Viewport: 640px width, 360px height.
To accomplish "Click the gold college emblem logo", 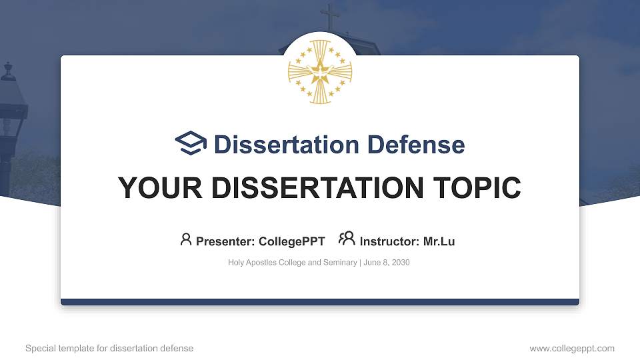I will (319, 71).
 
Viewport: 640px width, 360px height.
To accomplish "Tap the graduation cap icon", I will (191, 143).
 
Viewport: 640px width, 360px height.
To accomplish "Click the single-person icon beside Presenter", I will (186, 239).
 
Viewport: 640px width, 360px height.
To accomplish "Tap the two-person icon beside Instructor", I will (347, 238).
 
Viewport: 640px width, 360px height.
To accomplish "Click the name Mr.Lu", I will (439, 241).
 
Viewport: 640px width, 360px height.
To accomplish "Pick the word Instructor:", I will (389, 241).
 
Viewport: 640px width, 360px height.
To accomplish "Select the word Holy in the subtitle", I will (236, 263).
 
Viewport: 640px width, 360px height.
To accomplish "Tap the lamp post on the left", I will (9, 113).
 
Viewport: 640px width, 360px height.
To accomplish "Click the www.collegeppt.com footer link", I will (572, 348).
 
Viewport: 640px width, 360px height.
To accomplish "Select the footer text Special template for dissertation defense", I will (109, 348).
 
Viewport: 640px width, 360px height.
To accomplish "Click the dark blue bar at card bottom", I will (320, 302).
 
